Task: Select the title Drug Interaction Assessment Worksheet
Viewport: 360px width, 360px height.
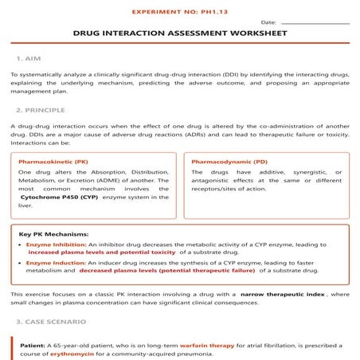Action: tap(180, 35)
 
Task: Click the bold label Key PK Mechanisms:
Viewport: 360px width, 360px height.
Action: tap(53, 234)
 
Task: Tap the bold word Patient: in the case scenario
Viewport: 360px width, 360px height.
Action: tap(33, 345)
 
